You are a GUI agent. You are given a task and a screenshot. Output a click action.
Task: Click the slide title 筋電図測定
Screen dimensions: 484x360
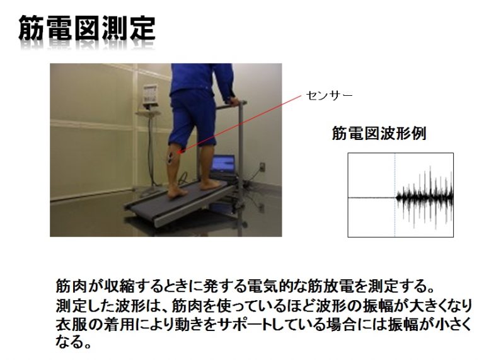pos(87,28)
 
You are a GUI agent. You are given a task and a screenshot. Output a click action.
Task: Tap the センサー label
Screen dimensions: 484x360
pos(329,95)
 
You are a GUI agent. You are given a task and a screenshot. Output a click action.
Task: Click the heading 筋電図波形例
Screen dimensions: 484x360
pos(379,134)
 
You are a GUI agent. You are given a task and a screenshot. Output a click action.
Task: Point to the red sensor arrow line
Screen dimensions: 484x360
pos(241,124)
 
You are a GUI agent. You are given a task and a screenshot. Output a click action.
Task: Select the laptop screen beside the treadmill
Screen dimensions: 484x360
pos(223,164)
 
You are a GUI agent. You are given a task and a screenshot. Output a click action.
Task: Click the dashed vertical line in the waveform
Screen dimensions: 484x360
pos(395,195)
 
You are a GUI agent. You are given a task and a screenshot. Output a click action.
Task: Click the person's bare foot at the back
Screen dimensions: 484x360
pos(177,193)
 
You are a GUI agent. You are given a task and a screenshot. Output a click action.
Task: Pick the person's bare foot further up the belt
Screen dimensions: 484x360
pos(209,185)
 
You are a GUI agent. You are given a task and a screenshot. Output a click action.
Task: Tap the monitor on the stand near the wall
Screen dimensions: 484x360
pos(151,95)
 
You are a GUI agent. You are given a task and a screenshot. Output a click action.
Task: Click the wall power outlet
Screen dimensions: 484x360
pos(262,166)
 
